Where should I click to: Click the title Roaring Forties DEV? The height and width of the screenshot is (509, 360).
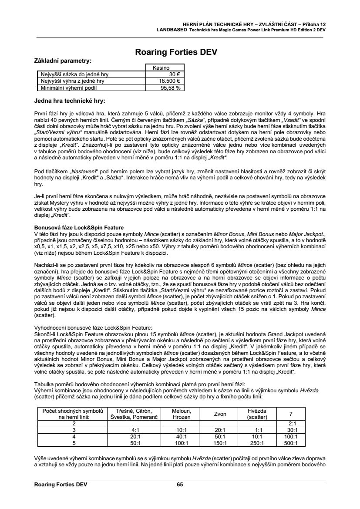click(x=180, y=52)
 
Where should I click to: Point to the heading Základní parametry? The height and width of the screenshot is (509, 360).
click(x=63, y=61)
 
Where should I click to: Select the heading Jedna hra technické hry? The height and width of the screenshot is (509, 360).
click(x=70, y=101)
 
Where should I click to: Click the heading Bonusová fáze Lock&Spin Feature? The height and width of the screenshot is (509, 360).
click(x=78, y=227)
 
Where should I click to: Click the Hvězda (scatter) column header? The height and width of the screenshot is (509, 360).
click(x=256, y=414)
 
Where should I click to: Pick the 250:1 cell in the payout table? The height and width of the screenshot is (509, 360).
click(x=256, y=444)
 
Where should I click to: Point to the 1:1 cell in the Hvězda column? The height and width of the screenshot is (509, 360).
click(x=256, y=430)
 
